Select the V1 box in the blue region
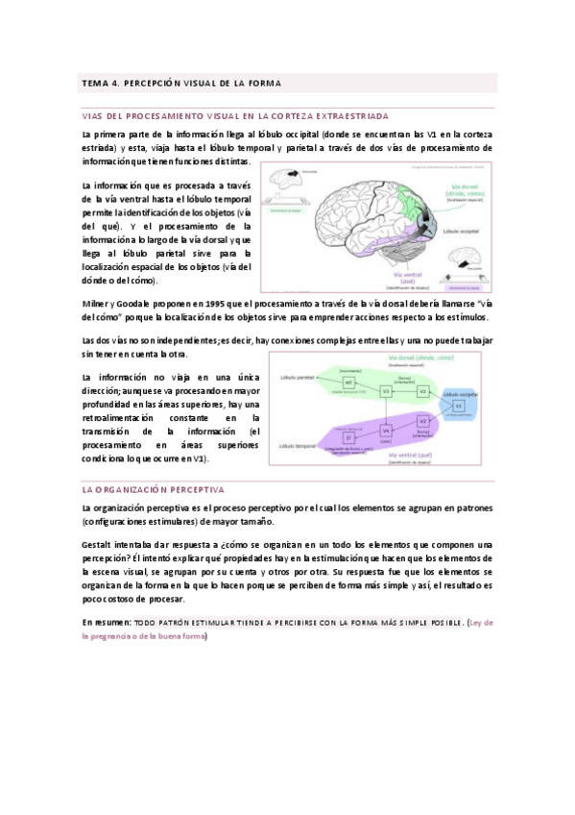[x=459, y=407]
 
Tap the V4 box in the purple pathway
[x=385, y=432]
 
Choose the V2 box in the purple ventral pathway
[x=423, y=421]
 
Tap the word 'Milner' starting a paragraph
[x=97, y=304]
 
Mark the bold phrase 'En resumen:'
[x=107, y=624]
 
